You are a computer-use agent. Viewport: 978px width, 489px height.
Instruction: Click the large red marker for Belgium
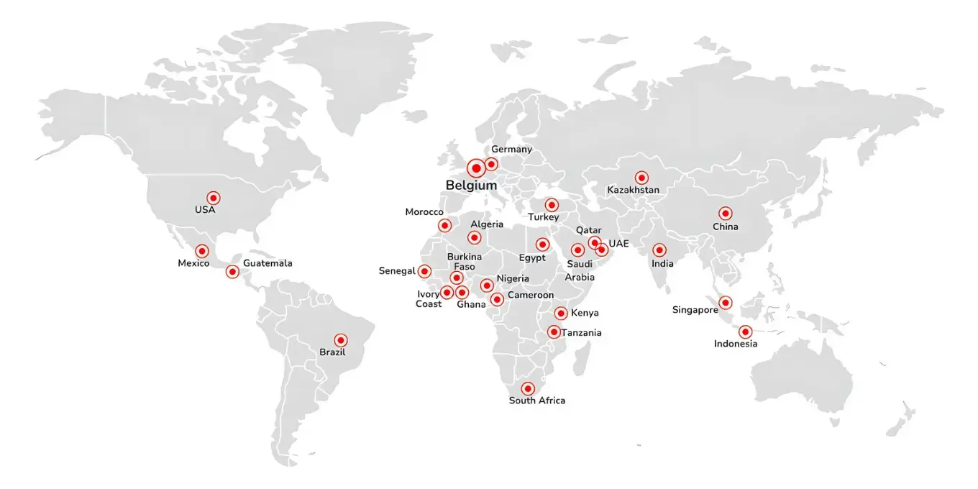(475, 169)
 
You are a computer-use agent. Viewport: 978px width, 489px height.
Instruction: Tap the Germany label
(511, 150)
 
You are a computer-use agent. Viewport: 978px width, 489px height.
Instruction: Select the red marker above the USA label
(213, 198)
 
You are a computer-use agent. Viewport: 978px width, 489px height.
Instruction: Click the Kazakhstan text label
(633, 191)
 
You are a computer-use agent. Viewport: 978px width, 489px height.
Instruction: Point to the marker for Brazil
(341, 340)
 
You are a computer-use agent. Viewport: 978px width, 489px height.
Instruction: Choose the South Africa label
(536, 401)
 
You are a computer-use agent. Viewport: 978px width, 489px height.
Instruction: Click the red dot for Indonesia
(745, 332)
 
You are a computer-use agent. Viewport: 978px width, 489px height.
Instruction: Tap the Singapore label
(695, 310)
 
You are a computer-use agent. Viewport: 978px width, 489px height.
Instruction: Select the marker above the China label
(725, 214)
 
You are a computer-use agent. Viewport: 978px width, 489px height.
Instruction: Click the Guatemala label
(268, 263)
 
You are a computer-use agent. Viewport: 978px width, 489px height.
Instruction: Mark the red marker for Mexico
(202, 252)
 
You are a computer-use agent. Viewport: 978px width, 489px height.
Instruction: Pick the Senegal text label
(397, 271)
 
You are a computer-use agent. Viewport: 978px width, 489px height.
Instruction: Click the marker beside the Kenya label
(560, 314)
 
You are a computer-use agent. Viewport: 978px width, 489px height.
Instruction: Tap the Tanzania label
(581, 333)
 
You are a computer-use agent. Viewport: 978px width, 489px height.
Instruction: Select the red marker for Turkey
(551, 205)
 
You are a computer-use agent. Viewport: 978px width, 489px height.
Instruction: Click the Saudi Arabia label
(579, 270)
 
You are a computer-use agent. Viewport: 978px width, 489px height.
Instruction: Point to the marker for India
(659, 251)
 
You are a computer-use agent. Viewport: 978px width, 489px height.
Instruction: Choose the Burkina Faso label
(464, 262)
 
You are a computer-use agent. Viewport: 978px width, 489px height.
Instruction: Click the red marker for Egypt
(542, 244)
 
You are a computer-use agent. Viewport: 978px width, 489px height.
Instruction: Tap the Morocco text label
(424, 212)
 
